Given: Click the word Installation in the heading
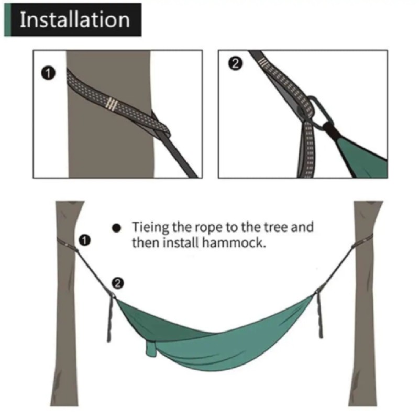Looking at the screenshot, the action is pyautogui.click(x=75, y=19).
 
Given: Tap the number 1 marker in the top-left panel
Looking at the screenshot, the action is pyautogui.click(x=48, y=73).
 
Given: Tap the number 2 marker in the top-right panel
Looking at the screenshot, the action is pyautogui.click(x=235, y=64).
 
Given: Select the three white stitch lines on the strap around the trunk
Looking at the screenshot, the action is pyautogui.click(x=111, y=103).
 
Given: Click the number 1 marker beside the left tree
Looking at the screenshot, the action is pyautogui.click(x=84, y=240).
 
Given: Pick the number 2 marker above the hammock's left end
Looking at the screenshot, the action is pyautogui.click(x=118, y=283).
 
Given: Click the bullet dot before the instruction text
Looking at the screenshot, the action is pyautogui.click(x=116, y=228).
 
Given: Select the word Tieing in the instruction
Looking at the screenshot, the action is pyautogui.click(x=150, y=228).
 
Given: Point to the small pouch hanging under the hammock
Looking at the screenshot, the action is pyautogui.click(x=151, y=348).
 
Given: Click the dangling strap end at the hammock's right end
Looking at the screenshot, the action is pyautogui.click(x=319, y=315).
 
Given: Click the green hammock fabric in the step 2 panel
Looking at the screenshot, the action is pyautogui.click(x=361, y=155).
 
